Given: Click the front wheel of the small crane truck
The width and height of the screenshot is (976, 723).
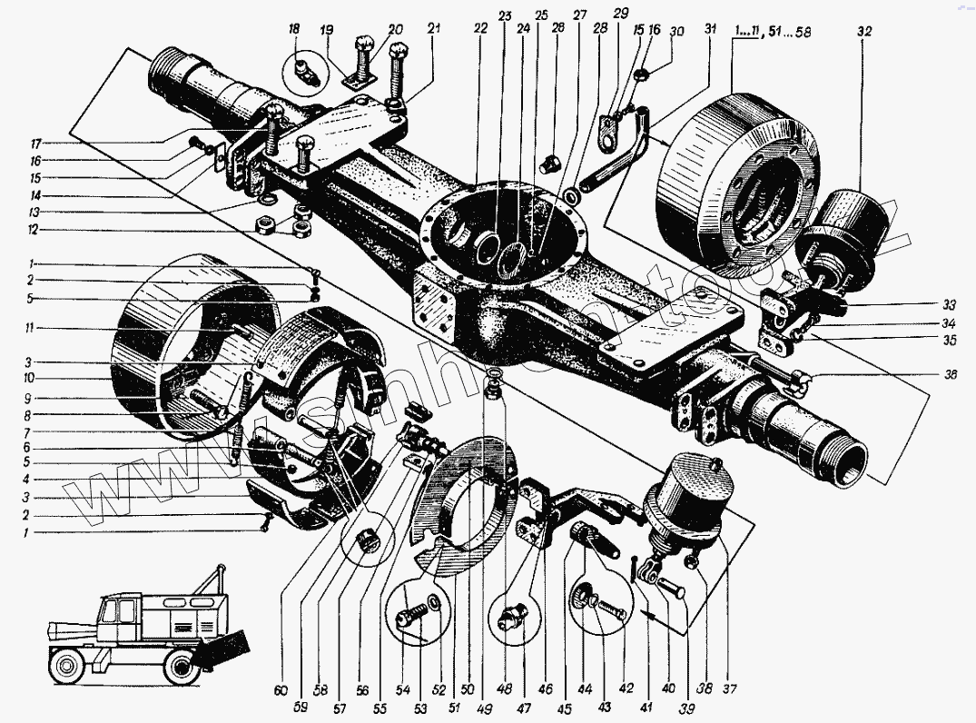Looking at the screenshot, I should click(x=68, y=668).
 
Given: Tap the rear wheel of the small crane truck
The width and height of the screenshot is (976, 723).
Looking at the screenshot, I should click(x=181, y=669).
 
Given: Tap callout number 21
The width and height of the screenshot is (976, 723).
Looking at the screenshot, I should click(x=434, y=29).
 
